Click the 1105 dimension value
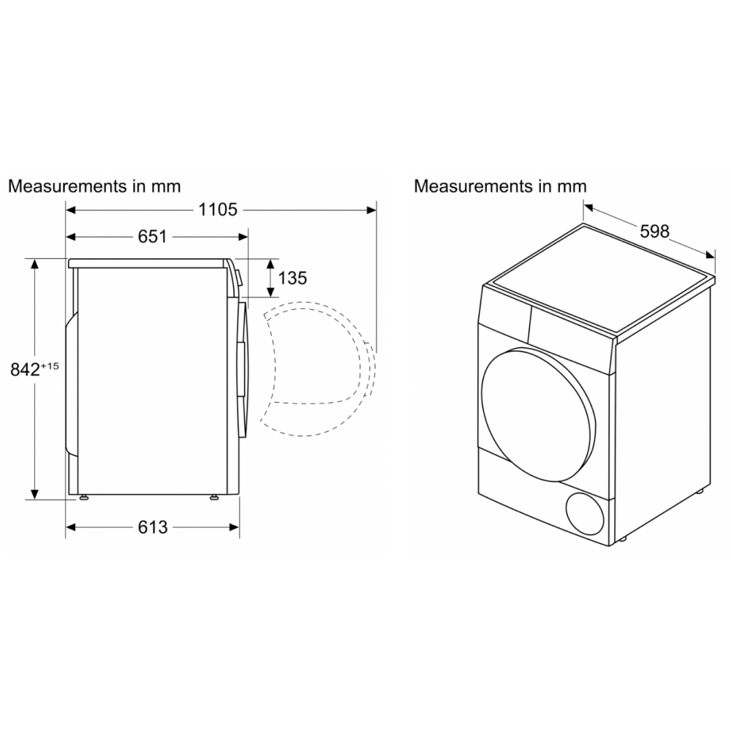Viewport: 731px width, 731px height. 218,210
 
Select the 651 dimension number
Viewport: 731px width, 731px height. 153,237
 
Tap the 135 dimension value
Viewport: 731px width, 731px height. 292,278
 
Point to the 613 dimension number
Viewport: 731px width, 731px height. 153,527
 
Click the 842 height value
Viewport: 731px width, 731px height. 25,369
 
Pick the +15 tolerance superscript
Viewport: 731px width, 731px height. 50,366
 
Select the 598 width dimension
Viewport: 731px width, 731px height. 654,231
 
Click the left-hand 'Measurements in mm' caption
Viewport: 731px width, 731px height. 94,186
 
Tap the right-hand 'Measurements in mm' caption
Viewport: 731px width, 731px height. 500,186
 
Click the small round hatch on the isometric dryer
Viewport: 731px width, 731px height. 585,513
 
